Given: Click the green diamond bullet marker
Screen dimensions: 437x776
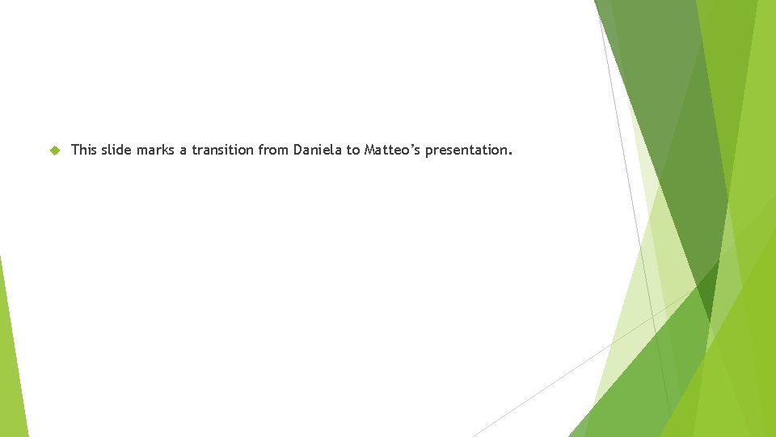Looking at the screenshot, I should coord(54,151).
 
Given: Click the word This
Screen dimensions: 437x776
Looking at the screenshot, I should coord(84,150).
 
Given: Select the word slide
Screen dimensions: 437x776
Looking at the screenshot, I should coord(116,150).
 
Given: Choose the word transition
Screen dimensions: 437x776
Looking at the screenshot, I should coord(223,150).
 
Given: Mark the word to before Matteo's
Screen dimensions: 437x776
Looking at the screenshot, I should coord(354,150).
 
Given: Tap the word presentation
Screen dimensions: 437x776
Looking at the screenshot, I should coord(466,151).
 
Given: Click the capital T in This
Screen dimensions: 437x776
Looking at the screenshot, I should coord(75,150).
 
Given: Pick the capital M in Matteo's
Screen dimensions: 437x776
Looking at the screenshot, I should coord(370,150).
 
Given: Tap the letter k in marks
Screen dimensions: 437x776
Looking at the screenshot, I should coord(167,150).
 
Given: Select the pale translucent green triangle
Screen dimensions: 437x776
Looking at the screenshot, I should coord(639,308).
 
